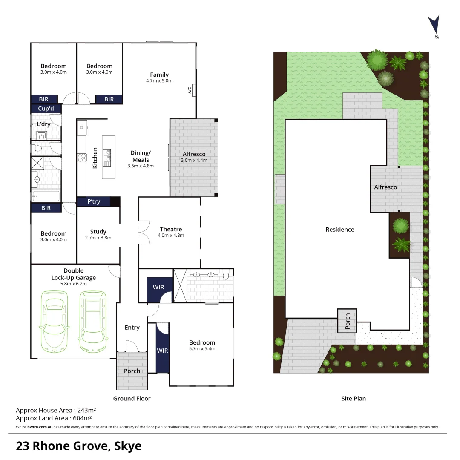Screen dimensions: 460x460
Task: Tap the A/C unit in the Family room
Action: point(194,90)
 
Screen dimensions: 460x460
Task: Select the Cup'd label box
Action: point(46,109)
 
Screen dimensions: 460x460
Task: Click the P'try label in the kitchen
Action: point(94,201)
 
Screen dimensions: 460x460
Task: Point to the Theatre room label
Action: point(171,229)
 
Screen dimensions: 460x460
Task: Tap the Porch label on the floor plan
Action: point(132,371)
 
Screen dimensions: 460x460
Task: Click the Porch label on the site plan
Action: point(348,321)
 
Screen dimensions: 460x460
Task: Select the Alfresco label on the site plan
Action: point(385,187)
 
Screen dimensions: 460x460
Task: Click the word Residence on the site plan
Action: point(340,230)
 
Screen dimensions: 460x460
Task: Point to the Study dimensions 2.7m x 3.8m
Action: point(98,238)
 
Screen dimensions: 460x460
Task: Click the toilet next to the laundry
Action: point(37,149)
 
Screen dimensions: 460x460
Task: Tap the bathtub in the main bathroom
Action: point(46,197)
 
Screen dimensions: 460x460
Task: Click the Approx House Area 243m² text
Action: point(56,411)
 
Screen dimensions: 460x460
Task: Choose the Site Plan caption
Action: point(354,399)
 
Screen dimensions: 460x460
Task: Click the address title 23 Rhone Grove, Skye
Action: point(79,446)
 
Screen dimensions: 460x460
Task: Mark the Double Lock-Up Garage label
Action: point(74,274)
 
